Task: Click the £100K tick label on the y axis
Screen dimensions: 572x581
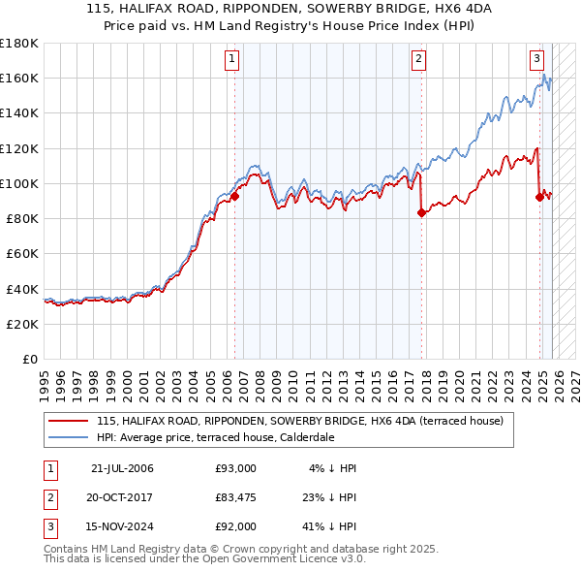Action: point(19,183)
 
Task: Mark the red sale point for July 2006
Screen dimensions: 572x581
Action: point(234,196)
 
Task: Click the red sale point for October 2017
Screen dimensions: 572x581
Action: point(421,213)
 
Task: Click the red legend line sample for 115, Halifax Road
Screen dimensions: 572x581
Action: point(69,422)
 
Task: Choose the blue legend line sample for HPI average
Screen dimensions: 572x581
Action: point(69,437)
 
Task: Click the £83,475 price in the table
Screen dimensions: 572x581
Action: point(236,497)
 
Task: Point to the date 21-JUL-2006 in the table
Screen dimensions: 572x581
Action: point(122,468)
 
